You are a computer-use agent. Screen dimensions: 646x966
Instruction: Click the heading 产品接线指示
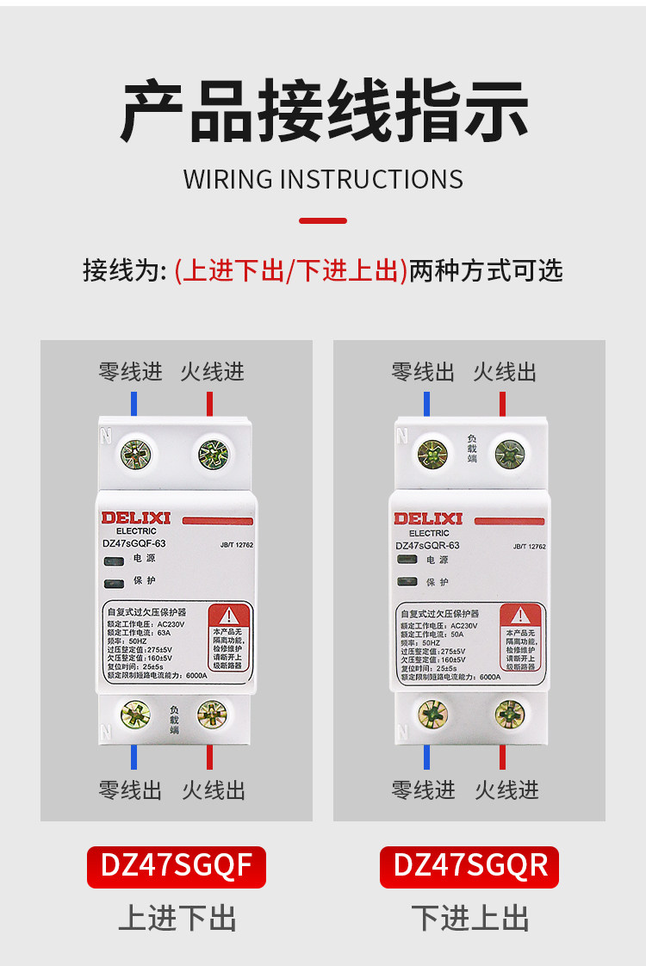(x=323, y=111)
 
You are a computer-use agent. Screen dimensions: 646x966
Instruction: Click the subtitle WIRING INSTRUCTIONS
(x=323, y=179)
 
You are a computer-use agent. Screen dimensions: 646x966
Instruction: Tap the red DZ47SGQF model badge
(x=177, y=866)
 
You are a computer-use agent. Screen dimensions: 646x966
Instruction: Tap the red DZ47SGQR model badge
(x=469, y=866)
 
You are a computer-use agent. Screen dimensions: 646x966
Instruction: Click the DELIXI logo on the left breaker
(x=136, y=517)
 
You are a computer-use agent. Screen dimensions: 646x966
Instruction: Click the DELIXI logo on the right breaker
(x=428, y=518)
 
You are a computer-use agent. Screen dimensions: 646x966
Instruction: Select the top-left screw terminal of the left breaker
(x=135, y=453)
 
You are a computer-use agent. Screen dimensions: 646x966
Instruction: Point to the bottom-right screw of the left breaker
(x=211, y=713)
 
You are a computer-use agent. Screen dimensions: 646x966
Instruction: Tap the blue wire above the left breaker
(x=134, y=404)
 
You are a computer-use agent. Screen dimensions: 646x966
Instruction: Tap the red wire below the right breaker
(x=502, y=757)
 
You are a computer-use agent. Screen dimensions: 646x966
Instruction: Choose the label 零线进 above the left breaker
(x=130, y=372)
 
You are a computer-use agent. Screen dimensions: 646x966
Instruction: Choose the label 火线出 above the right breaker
(x=505, y=372)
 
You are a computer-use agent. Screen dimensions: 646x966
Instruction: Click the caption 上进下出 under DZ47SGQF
(x=177, y=918)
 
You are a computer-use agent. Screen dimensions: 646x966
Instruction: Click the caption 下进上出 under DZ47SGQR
(x=469, y=918)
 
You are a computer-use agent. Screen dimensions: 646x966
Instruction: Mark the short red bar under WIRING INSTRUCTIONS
(x=323, y=221)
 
